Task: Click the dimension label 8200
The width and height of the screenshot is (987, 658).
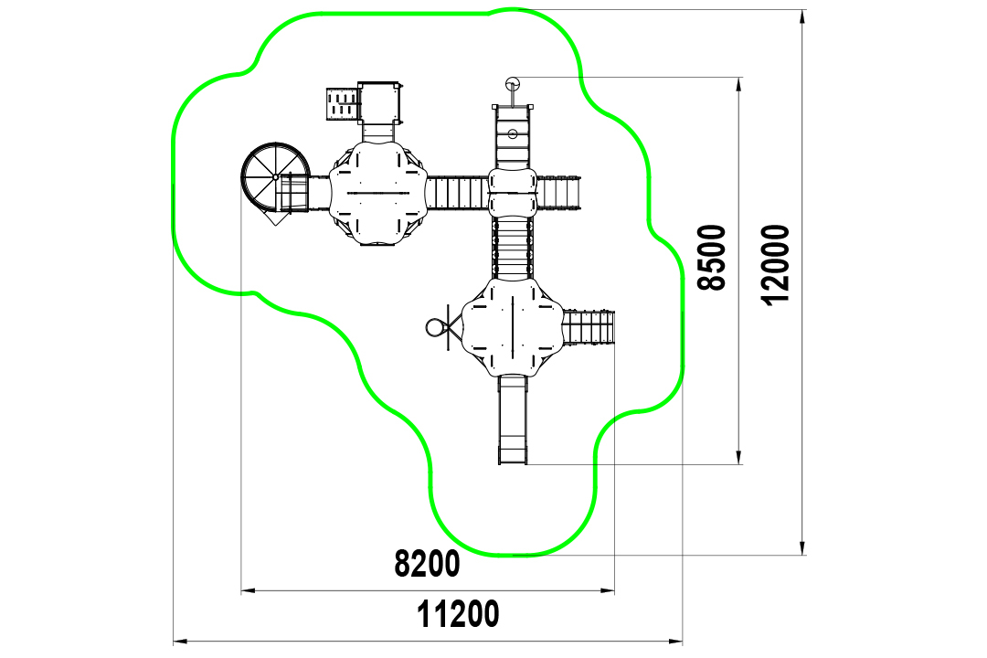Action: pyautogui.click(x=427, y=564)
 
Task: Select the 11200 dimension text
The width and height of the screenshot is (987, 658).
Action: pyautogui.click(x=458, y=614)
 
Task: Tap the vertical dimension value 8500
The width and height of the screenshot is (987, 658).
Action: pyautogui.click(x=713, y=257)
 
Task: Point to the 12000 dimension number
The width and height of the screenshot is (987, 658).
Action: pyautogui.click(x=775, y=264)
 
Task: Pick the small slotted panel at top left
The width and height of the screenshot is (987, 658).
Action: pyautogui.click(x=343, y=104)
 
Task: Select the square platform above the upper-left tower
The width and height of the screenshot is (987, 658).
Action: pyautogui.click(x=379, y=102)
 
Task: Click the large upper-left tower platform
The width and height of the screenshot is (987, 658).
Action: pyautogui.click(x=378, y=193)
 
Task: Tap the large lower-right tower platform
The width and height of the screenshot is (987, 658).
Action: pyautogui.click(x=513, y=327)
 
